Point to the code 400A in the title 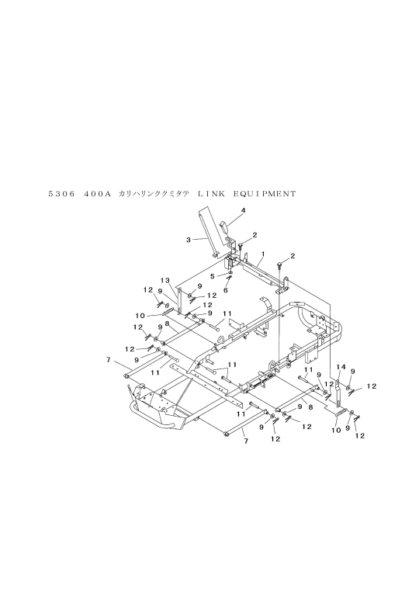click(x=96, y=193)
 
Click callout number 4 click(x=244, y=210)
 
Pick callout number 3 click(x=189, y=239)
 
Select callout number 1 click(x=262, y=254)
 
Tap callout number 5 click(x=213, y=276)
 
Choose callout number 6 click(x=226, y=290)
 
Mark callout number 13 click(x=165, y=280)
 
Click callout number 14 click(x=341, y=367)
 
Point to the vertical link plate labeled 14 click(x=338, y=390)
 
